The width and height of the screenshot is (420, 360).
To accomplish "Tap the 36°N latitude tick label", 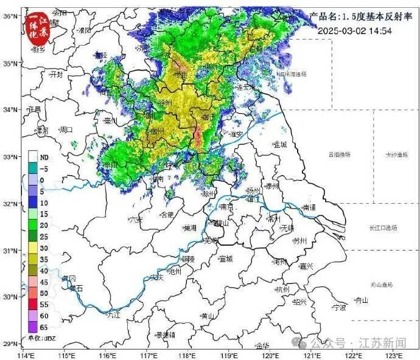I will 9,16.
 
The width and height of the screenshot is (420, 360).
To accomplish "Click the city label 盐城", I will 280,144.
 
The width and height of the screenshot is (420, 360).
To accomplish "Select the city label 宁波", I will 339,308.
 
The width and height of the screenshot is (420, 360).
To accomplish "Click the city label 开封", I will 56,74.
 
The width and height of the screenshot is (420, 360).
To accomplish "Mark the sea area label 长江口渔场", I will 383,227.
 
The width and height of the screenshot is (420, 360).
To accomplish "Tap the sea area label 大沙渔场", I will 396,154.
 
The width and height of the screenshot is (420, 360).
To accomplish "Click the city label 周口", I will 65,130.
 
